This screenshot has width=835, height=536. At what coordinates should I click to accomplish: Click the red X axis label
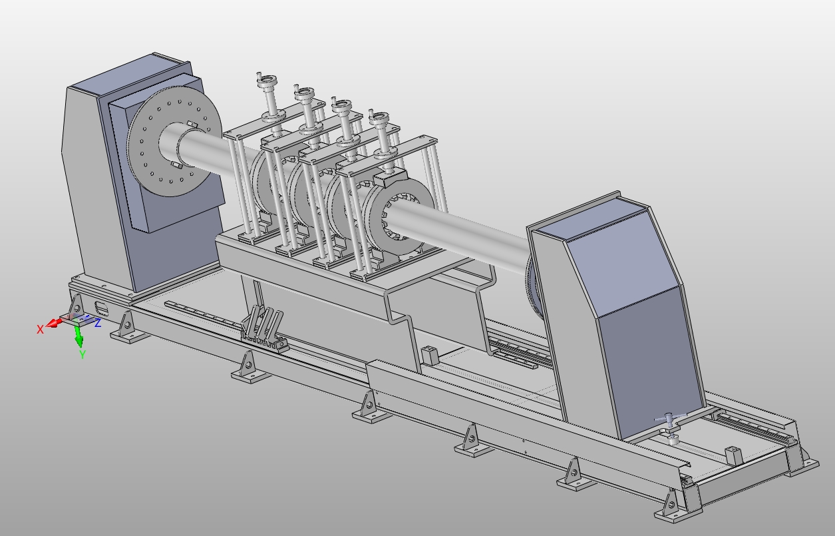tap(40, 329)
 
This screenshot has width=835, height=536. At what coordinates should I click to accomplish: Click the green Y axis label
tap(83, 355)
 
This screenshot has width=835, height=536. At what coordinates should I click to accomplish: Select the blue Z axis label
tap(98, 323)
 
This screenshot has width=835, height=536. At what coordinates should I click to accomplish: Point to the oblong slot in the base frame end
tap(102, 308)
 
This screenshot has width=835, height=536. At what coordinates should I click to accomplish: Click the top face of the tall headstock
tap(126, 75)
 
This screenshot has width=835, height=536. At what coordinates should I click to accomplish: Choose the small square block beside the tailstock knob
tap(733, 455)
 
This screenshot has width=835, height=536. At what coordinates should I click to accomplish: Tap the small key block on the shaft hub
tap(191, 125)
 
